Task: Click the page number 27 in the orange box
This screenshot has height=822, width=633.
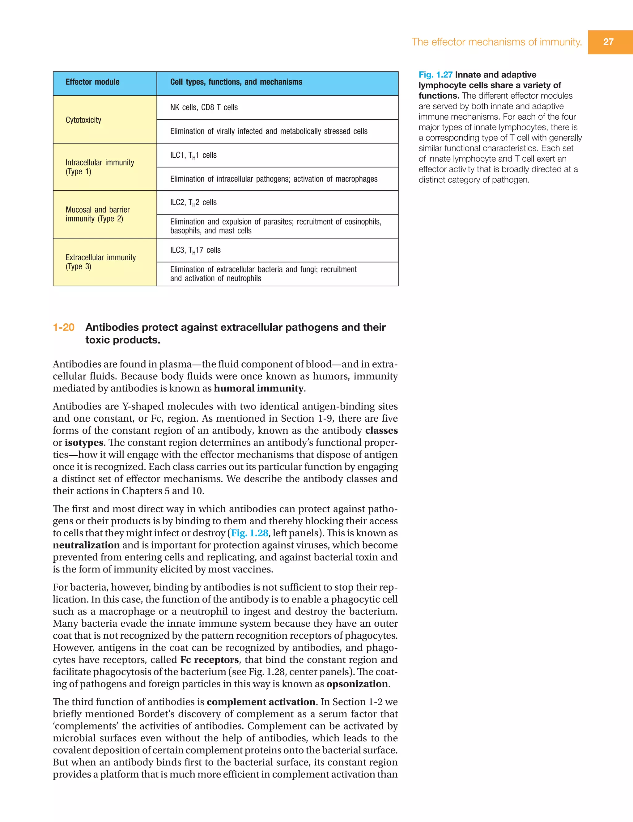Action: [x=608, y=42]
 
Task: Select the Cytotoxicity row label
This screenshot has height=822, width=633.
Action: [x=83, y=120]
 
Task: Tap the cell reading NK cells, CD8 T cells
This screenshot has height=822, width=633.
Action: [x=204, y=108]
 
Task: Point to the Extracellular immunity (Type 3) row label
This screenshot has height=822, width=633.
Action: [x=100, y=262]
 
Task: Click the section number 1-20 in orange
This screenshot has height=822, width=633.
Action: [x=64, y=327]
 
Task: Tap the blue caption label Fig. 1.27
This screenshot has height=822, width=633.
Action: [x=435, y=75]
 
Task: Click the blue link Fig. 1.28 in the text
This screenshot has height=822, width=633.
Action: [x=249, y=533]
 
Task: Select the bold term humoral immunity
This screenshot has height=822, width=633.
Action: [x=258, y=388]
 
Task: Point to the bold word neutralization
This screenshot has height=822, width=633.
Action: [x=86, y=545]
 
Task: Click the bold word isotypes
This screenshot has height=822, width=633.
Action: [x=83, y=443]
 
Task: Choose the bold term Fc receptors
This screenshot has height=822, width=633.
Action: [x=209, y=660]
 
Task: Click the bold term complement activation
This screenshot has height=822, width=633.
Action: [x=261, y=702]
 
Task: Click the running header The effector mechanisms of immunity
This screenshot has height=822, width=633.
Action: [x=496, y=42]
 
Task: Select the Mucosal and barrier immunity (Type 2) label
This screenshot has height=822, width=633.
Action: [x=97, y=214]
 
